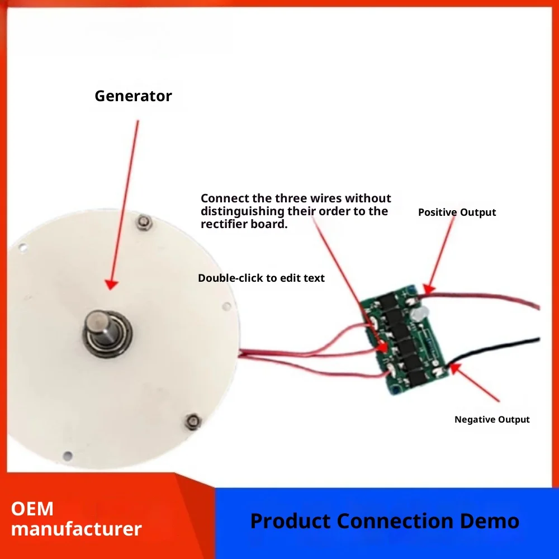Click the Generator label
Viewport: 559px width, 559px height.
133,96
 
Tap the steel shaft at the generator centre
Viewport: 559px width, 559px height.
101,326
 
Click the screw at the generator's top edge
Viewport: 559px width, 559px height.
144,222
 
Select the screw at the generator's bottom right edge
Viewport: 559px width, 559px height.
193,421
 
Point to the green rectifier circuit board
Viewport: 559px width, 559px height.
404,340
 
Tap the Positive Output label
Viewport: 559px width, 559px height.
457,212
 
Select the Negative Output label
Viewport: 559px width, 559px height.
492,419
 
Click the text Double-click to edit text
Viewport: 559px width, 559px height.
261,278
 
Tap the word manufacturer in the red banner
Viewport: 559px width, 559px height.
76,529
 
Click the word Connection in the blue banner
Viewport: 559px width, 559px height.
395,521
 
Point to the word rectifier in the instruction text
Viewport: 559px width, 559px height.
225,224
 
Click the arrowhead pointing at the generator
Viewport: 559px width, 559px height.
112,284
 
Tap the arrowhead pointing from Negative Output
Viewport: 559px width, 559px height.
455,368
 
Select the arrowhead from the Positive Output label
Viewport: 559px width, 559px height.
429,288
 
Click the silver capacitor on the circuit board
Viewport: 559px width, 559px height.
416,313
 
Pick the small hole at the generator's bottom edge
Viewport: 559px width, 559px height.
68,455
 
